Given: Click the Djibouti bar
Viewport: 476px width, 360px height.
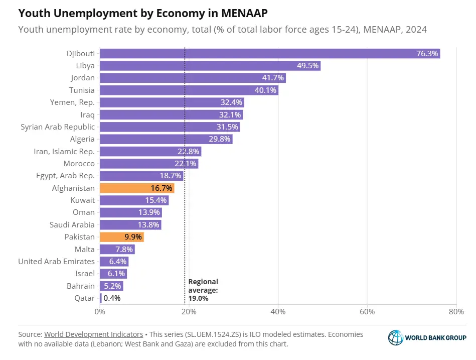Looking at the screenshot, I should pos(270,53).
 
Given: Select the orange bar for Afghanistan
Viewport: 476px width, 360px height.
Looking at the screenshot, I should pos(137,188).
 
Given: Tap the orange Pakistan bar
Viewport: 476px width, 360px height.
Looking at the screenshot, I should pos(122,237).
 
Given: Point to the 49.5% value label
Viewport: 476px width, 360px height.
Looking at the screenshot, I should pos(306,66).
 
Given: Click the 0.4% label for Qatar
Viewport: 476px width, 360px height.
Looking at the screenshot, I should pos(112,298).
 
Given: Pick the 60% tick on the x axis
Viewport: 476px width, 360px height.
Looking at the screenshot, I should pos(367,312).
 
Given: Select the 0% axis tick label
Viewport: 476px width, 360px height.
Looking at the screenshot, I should pos(100,312).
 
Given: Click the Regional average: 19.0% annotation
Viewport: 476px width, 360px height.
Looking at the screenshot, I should pos(203,290).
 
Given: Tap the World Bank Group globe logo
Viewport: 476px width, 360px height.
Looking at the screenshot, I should pos(395,337).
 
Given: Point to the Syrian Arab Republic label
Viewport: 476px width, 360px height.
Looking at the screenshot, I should pos(57,127).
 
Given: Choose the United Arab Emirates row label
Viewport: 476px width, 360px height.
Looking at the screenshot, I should pos(56,261).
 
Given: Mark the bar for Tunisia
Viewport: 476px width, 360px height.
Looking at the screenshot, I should pos(189,90).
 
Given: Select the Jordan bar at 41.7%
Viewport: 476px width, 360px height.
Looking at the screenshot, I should pos(193,78).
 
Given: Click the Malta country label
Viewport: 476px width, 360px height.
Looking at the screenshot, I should pos(84,249).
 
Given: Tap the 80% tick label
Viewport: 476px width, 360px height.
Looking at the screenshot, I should pos(456,312).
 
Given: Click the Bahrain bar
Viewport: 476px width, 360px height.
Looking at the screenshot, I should pos(111,286).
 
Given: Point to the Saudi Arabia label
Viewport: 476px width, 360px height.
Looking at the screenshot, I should pos(72,224).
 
